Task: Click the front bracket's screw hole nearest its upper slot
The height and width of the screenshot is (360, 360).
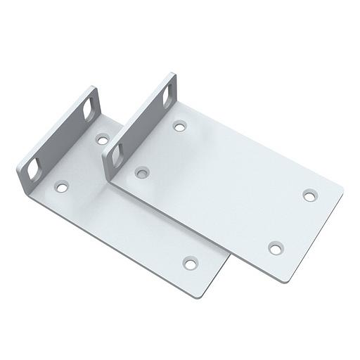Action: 180,127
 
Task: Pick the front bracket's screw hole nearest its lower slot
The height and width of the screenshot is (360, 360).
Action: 141,171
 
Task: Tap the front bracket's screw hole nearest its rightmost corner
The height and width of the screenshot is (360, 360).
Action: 309,194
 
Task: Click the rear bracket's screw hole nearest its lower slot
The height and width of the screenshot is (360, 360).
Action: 63,188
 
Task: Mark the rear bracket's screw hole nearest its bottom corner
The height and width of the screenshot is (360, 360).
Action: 190,263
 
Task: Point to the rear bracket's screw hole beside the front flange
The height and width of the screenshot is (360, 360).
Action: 103,139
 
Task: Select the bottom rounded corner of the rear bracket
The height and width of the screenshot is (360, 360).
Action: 200,293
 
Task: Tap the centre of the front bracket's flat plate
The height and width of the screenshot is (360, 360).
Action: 225,186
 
